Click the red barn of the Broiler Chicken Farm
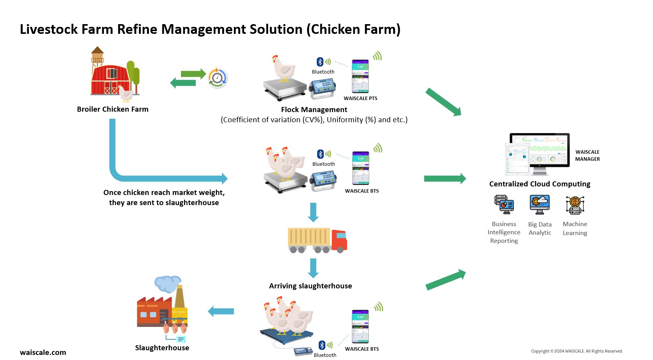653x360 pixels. coord(111,80)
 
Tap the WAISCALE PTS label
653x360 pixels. coord(360,98)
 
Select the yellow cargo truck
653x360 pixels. coord(317,240)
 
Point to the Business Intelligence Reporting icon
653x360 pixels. coord(504,205)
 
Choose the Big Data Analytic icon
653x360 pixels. coord(540,205)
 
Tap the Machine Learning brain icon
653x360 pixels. coord(575,205)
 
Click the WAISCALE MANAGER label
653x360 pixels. coord(587,156)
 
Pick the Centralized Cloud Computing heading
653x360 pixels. coord(539,184)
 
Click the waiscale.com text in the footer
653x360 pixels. coord(43,353)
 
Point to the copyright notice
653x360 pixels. coord(577,351)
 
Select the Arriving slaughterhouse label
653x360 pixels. coord(310,286)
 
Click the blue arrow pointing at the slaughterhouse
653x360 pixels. coord(221,311)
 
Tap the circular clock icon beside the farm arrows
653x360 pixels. coord(218,78)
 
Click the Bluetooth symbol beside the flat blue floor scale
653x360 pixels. coord(322,345)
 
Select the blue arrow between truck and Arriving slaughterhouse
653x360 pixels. coord(313,268)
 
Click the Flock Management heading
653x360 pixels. coord(314,110)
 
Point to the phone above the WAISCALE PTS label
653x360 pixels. coord(360,76)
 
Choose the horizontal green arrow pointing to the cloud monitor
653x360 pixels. coord(445,179)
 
